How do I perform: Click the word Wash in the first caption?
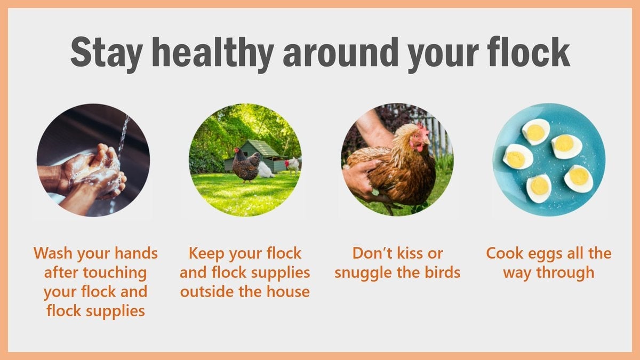tap(55, 253)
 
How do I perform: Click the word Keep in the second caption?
tap(209, 253)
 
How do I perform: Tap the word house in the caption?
tap(288, 292)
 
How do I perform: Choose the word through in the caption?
tap(567, 272)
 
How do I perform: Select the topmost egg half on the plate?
tap(535, 131)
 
